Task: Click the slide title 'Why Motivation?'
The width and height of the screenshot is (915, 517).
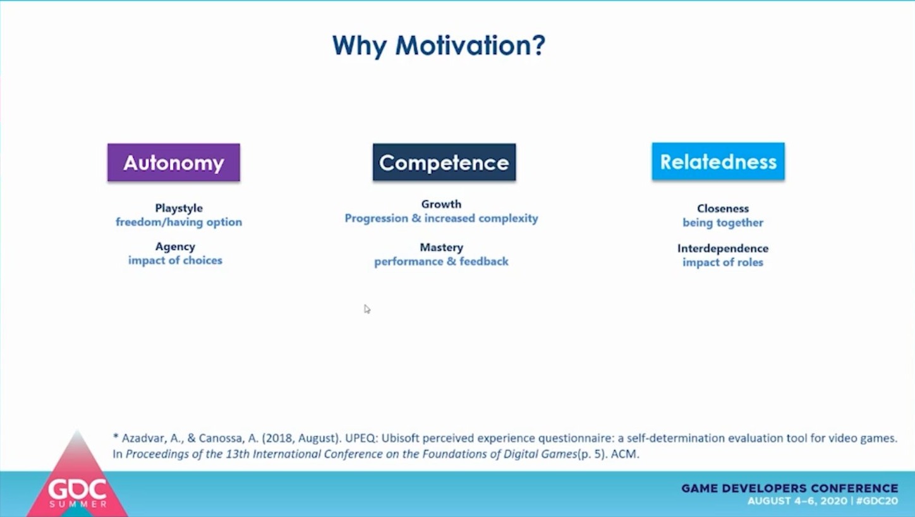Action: tap(439, 46)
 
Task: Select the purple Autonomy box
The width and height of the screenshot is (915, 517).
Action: tap(174, 162)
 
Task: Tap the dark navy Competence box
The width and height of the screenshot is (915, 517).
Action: tap(444, 162)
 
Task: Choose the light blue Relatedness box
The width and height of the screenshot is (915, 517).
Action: tap(718, 161)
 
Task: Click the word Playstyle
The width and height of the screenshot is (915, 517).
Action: tap(179, 209)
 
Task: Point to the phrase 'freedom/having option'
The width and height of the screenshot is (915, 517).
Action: tap(179, 222)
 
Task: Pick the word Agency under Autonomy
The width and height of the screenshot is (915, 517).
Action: tap(175, 247)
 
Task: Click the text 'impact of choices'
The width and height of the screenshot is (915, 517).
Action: tap(175, 260)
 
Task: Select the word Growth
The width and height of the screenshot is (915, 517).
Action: tap(441, 204)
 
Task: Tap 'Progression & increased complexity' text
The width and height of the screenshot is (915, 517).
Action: tap(441, 218)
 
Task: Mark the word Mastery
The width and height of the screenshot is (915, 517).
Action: tap(442, 248)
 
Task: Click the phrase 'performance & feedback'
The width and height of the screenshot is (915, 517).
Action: tap(441, 262)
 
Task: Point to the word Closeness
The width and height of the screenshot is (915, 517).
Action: tap(723, 209)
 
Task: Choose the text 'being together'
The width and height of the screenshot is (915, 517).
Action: tap(723, 222)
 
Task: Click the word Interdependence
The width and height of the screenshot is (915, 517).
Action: tap(723, 248)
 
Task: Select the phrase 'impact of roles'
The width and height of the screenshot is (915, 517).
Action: tap(723, 262)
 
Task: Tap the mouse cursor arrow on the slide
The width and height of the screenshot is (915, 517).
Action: tap(367, 309)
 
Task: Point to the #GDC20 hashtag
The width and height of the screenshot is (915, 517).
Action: tap(876, 501)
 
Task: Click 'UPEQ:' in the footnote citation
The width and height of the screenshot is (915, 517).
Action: tap(361, 439)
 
